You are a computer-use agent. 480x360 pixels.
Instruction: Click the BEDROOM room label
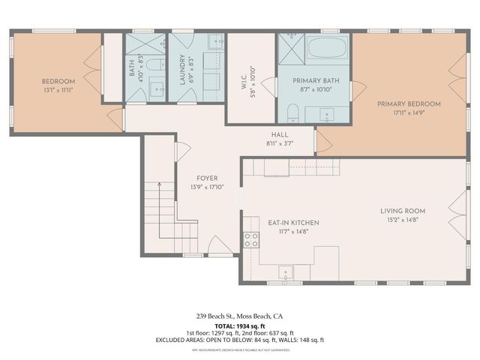[57, 80]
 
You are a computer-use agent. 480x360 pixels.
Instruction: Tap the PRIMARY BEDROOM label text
[409, 104]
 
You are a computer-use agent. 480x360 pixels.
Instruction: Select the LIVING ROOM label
[403, 211]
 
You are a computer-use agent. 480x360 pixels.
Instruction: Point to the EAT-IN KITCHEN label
[294, 223]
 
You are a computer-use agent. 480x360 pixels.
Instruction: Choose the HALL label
[280, 134]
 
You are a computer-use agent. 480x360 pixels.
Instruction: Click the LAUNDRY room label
[181, 70]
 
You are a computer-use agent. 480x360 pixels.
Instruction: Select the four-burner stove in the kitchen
[251, 239]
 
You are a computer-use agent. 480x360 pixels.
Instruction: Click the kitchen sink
[285, 271]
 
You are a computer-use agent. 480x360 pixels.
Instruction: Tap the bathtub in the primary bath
[325, 52]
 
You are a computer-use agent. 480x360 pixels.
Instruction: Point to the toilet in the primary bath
[293, 113]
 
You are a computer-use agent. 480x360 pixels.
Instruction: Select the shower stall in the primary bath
[289, 51]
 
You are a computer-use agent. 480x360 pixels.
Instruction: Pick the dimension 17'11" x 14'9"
[409, 114]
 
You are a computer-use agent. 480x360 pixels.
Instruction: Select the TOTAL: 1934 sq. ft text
[239, 326]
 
